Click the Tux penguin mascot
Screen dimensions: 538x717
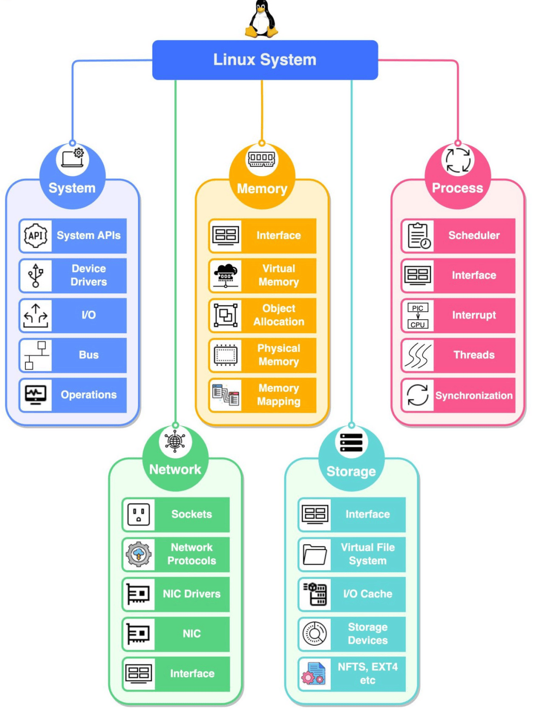[x=262, y=18]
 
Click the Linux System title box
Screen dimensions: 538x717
[x=265, y=60]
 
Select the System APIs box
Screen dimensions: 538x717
[x=73, y=236]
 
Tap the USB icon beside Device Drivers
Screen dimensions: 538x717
[x=35, y=275]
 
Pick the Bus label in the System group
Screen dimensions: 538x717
[x=89, y=355]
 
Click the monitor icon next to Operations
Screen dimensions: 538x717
[x=35, y=395]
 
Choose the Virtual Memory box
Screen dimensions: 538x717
[x=263, y=275]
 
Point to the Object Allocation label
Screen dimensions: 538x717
[x=278, y=315]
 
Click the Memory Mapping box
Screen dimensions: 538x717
[x=263, y=395]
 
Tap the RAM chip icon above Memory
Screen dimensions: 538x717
[x=262, y=159]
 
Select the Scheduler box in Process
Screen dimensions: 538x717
[x=458, y=236]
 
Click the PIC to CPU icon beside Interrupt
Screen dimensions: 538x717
[x=417, y=316]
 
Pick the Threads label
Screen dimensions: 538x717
[x=474, y=355]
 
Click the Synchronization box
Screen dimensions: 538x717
[x=458, y=395]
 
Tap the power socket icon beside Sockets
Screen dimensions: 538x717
[x=138, y=514]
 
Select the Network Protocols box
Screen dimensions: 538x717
[x=176, y=554]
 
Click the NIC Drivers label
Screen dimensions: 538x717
[x=192, y=594]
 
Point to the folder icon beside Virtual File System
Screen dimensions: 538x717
[x=314, y=554]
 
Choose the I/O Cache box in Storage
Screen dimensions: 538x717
[x=352, y=594]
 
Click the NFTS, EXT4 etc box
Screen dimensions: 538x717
[x=352, y=674]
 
